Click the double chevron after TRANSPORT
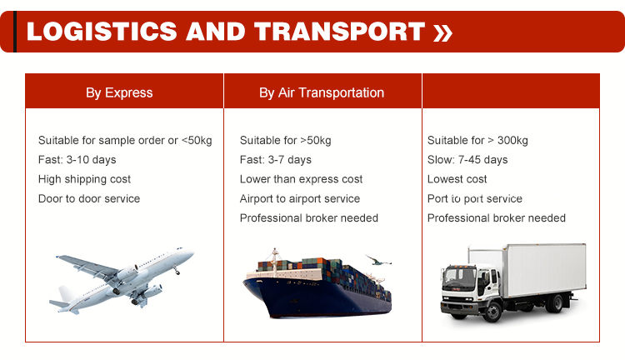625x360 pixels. (x=442, y=32)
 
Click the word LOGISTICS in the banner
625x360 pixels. (x=102, y=32)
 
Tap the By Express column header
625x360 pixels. (x=119, y=92)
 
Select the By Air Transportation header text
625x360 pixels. (x=322, y=92)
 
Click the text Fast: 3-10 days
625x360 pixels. (x=77, y=160)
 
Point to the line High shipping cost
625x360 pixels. (x=84, y=179)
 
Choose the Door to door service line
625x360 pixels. (x=89, y=198)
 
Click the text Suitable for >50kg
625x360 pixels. (x=285, y=140)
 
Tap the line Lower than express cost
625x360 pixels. (x=302, y=179)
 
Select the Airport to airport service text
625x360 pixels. (x=300, y=198)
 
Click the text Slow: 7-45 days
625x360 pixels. (x=467, y=160)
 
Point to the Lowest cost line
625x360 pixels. (x=457, y=179)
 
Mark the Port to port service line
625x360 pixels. (x=475, y=198)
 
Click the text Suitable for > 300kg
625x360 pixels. (x=477, y=140)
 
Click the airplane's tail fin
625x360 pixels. (x=66, y=294)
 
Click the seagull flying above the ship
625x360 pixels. (x=378, y=261)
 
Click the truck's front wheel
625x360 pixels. (x=492, y=312)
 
